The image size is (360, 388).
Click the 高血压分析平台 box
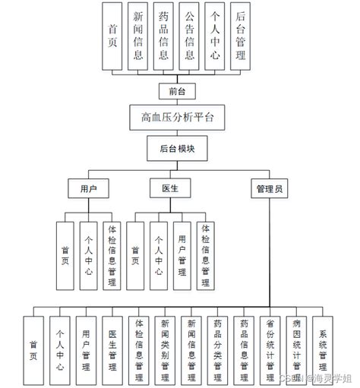(178, 117)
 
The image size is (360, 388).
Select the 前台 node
(178, 90)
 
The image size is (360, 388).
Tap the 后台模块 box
(178, 149)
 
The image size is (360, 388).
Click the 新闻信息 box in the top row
(139, 37)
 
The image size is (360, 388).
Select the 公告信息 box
(190, 37)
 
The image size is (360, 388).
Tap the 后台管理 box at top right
(241, 37)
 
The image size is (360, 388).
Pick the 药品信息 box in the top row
(164, 37)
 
